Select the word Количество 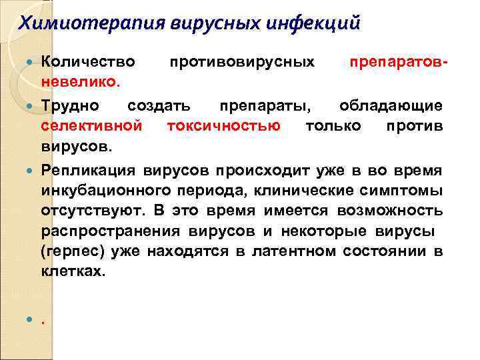coord(88,62)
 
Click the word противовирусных coord(242,62)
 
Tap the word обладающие coord(391,105)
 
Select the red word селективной coord(91,125)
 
